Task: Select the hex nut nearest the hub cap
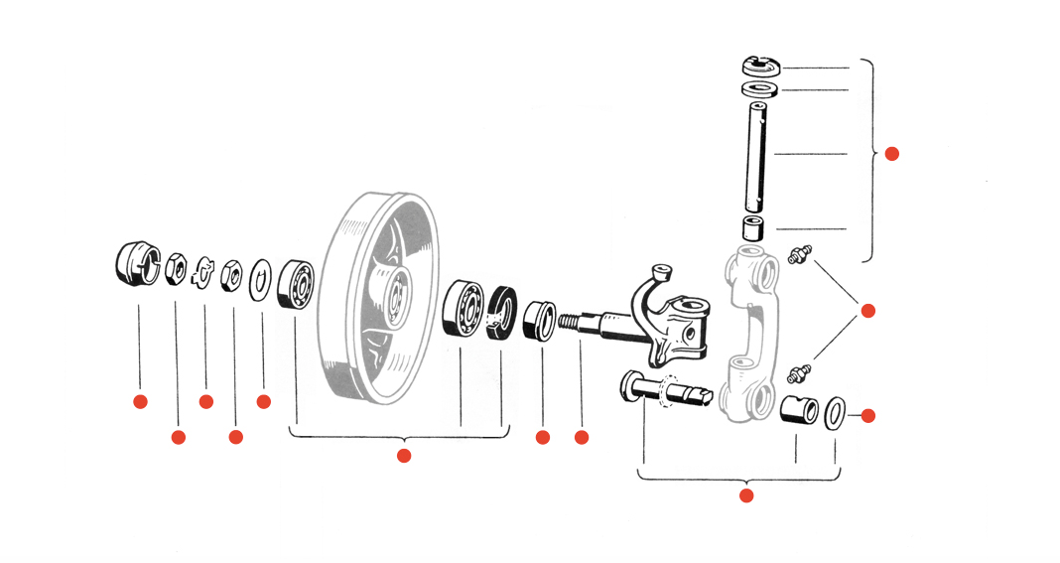(177, 266)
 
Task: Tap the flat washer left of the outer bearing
(262, 277)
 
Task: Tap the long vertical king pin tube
(760, 154)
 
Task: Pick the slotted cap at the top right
(761, 67)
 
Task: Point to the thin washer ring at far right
(836, 411)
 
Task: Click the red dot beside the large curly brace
(891, 154)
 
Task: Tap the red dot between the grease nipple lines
(868, 311)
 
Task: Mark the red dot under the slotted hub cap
(140, 401)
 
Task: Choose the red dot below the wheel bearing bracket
(404, 456)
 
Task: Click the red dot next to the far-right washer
(869, 416)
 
